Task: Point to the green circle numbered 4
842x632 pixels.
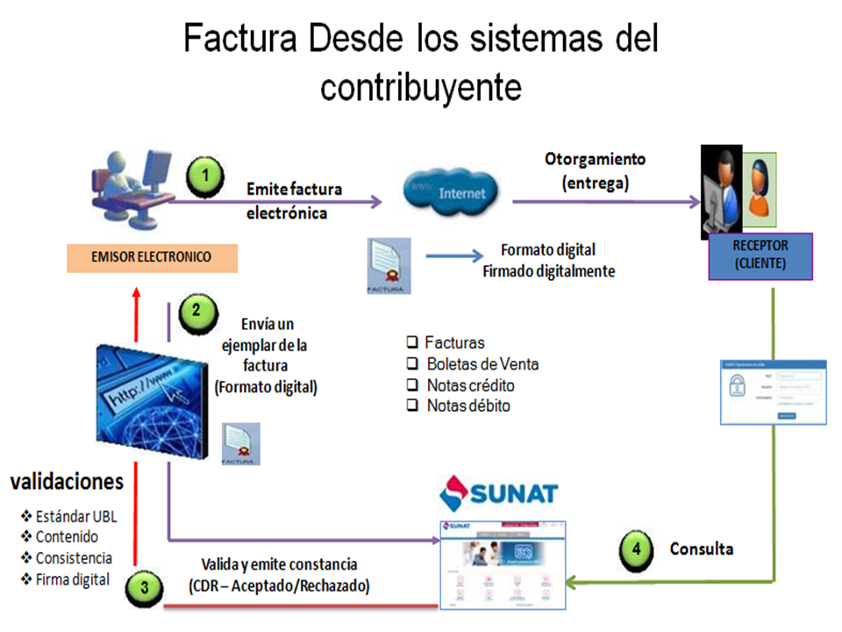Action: pyautogui.click(x=637, y=550)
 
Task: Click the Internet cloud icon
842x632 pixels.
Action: pyautogui.click(x=450, y=192)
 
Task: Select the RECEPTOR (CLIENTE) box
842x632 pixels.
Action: pyautogui.click(x=760, y=255)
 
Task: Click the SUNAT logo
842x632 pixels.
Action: pyautogui.click(x=498, y=492)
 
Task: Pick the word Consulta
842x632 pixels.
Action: pyautogui.click(x=701, y=549)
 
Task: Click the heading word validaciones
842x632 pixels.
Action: pyautogui.click(x=67, y=482)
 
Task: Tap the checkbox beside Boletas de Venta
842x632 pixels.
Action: pyautogui.click(x=411, y=364)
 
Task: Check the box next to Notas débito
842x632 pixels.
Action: pyautogui.click(x=411, y=406)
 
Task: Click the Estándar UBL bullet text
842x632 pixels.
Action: pyautogui.click(x=75, y=516)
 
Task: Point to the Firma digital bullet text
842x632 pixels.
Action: pyautogui.click(x=73, y=579)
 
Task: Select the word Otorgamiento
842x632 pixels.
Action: pyautogui.click(x=595, y=160)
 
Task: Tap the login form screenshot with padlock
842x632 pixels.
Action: pyautogui.click(x=773, y=392)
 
